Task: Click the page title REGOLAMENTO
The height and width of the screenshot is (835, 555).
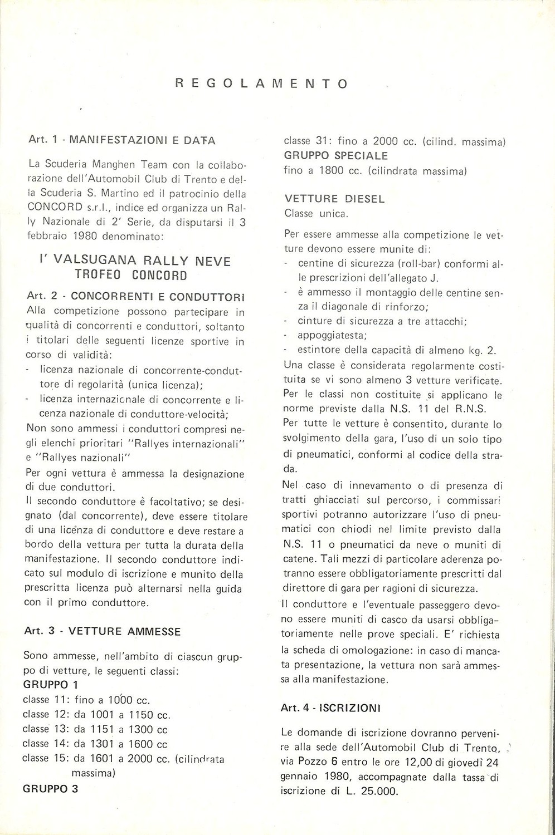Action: pos(261,84)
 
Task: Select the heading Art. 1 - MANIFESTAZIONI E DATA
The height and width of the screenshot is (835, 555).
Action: pos(122,140)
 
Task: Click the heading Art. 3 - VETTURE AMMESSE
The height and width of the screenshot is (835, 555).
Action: pos(103,631)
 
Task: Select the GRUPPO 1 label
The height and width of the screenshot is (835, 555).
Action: pos(51,684)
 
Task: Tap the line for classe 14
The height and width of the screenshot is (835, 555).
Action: pos(95,743)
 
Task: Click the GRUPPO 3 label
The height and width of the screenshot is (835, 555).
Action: pos(51,788)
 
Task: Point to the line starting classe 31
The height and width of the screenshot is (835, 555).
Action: pos(395,141)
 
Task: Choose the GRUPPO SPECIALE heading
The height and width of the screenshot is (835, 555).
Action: pos(336,156)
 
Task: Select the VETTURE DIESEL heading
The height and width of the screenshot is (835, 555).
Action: pos(334,199)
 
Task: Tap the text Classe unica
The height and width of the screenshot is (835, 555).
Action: pos(316,213)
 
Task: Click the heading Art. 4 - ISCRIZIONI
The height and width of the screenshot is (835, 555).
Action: pos(330,708)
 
